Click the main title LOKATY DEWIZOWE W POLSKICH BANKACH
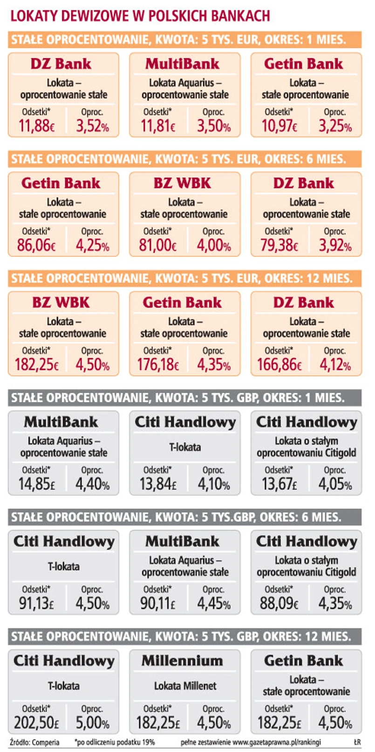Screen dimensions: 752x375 (140, 16)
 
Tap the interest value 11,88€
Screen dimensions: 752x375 (36, 126)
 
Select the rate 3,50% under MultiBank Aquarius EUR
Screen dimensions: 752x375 (213, 126)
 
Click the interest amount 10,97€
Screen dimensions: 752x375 (279, 126)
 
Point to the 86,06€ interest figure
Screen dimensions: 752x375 (36, 245)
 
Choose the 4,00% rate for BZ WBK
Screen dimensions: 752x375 (213, 245)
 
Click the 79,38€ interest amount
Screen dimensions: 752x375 (279, 245)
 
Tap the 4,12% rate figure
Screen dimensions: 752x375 (335, 364)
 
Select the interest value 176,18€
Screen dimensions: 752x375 (158, 364)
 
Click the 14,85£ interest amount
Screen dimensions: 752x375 (36, 484)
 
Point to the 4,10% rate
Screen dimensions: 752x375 (213, 484)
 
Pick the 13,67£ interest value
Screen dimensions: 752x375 (279, 484)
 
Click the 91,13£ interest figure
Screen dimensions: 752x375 (36, 603)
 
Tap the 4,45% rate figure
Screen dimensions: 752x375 (213, 603)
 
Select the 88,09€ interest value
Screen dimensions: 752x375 (279, 603)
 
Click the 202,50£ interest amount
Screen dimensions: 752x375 (36, 723)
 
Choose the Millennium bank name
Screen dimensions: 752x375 (182, 660)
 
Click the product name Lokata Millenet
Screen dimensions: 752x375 (185, 685)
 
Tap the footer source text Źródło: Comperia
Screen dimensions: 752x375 (34, 742)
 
